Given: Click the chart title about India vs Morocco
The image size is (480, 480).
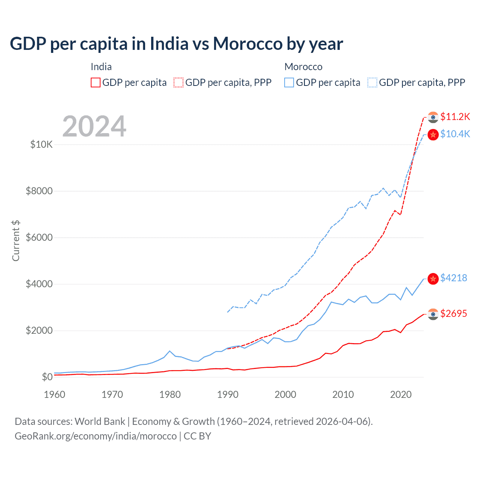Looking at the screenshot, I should point(176,44).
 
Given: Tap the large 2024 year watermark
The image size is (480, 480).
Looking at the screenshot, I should point(94,126).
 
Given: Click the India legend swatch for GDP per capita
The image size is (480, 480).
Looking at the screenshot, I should point(96,82).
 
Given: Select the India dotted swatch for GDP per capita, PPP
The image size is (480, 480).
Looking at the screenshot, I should point(178,82).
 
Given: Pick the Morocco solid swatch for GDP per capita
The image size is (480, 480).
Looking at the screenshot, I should point(289,82).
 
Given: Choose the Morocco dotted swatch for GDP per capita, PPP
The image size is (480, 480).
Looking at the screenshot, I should point(372,82).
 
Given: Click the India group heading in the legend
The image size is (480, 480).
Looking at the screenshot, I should point(101,67).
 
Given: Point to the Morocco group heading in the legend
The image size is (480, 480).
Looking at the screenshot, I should point(303,67).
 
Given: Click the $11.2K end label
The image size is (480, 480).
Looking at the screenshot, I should point(455,117).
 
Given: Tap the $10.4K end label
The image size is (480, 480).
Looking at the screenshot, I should point(455,134).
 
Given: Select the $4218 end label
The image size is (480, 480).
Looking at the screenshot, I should point(453,278).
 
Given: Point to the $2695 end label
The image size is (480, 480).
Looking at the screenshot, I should point(453,313).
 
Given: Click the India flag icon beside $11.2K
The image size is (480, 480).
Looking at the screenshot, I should point(433,117).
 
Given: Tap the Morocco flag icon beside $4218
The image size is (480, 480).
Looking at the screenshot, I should point(433,278).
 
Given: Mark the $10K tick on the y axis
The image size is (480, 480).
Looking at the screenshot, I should point(41,144).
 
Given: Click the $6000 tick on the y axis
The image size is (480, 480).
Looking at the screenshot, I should point(39,237).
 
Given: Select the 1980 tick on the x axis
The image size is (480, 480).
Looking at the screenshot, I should point(170,394).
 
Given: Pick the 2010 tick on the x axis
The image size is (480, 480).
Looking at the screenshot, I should point(343,394).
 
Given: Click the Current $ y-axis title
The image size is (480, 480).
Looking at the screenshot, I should point(16,241).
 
